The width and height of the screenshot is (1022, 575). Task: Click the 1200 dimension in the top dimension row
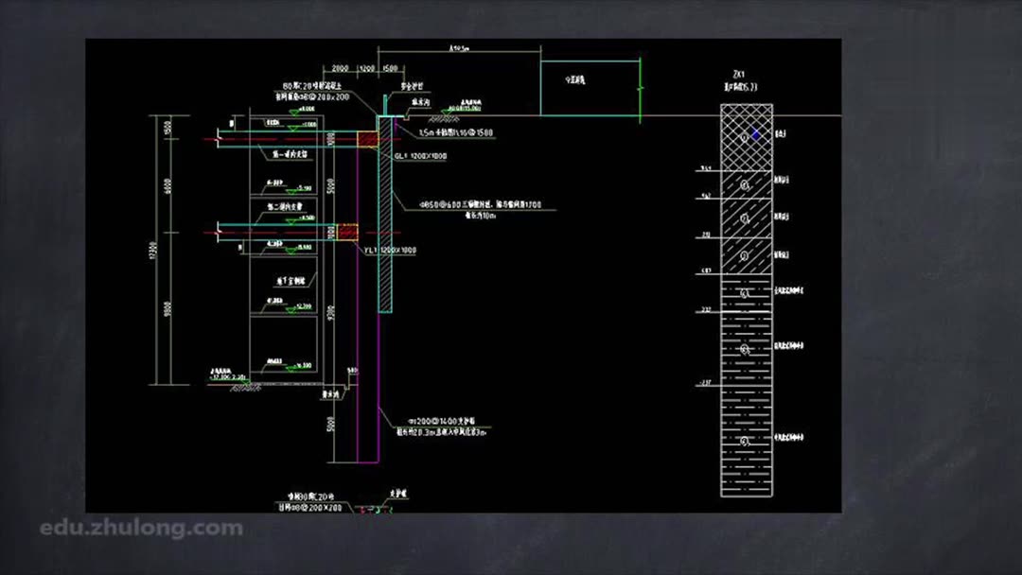point(368,69)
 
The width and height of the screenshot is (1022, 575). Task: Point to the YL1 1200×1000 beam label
point(390,250)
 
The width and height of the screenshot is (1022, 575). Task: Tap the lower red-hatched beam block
point(347,232)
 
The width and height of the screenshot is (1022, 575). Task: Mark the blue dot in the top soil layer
point(755,134)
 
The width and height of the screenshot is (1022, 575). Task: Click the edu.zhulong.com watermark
point(141,528)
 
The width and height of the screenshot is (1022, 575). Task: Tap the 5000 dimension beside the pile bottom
point(331,425)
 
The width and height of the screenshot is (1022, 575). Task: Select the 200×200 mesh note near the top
point(313,97)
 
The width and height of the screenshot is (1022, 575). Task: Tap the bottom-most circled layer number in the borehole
point(746,441)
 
